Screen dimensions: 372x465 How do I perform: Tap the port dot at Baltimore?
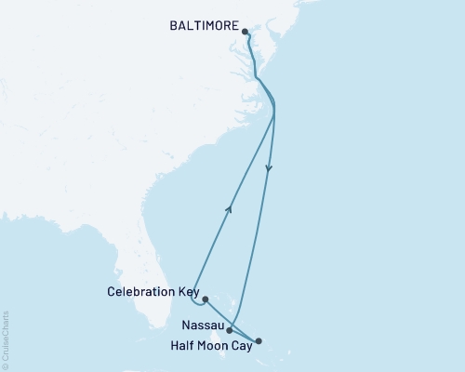click(x=246, y=33)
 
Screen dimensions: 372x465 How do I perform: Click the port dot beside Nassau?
click(x=230, y=329)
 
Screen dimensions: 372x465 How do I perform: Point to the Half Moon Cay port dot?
click(x=259, y=341)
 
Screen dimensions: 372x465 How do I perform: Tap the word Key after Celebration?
click(x=187, y=291)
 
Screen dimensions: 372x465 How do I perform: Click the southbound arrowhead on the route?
click(x=270, y=169)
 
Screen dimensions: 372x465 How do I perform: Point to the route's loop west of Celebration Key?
click(x=193, y=299)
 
